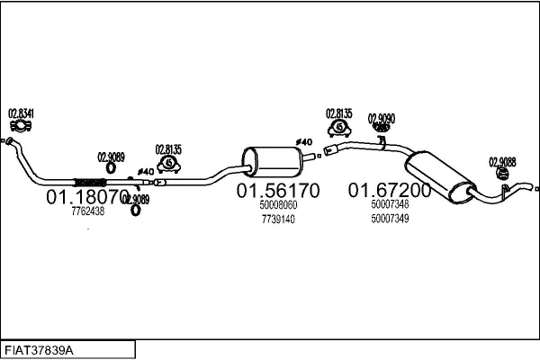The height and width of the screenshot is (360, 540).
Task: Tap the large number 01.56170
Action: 277,191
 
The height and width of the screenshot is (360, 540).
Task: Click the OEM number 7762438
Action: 87,211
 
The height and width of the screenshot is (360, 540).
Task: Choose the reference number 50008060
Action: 278,205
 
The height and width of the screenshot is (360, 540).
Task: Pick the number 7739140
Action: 278,219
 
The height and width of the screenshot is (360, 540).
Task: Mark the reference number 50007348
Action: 390,204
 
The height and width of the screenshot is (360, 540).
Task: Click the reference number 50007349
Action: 390,219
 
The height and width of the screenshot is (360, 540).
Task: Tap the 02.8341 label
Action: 22,113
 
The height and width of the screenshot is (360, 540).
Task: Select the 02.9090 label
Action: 381,117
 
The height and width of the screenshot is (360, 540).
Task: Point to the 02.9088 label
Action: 502,162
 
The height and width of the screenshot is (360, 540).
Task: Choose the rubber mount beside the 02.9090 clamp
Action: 339,134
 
